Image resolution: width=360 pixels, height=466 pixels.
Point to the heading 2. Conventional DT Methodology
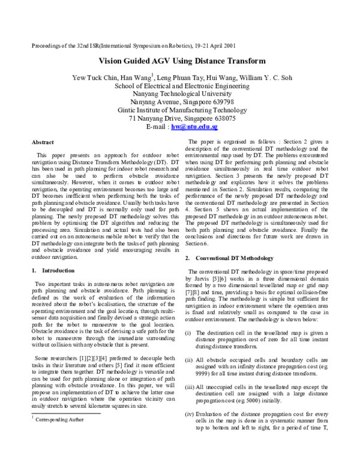[229, 258]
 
